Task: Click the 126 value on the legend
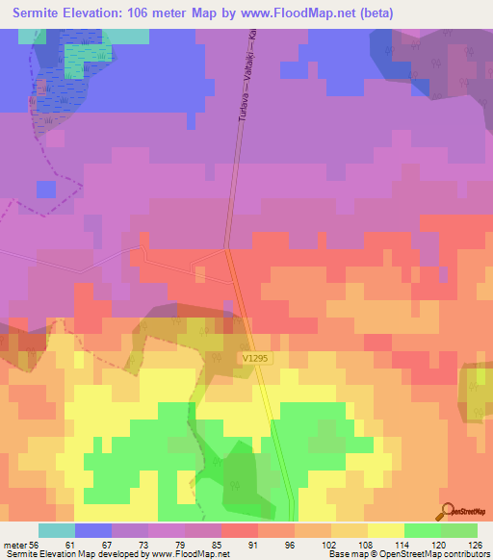[473, 544]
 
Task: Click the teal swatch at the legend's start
[56, 530]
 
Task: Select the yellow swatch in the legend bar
[385, 530]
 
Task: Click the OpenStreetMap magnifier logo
[448, 512]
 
